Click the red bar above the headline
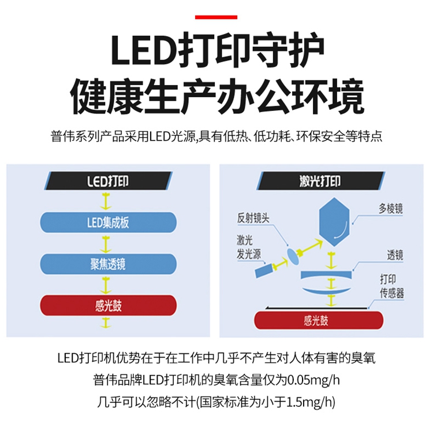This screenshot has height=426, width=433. point(216,17)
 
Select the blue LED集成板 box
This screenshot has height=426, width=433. point(108,221)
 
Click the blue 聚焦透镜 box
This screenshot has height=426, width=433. point(108,264)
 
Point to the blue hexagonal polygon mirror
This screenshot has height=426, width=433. point(334,221)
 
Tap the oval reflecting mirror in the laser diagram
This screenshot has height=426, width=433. point(294,254)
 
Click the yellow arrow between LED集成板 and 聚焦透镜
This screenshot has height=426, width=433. point(106,243)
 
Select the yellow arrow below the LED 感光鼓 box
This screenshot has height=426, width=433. point(106,323)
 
